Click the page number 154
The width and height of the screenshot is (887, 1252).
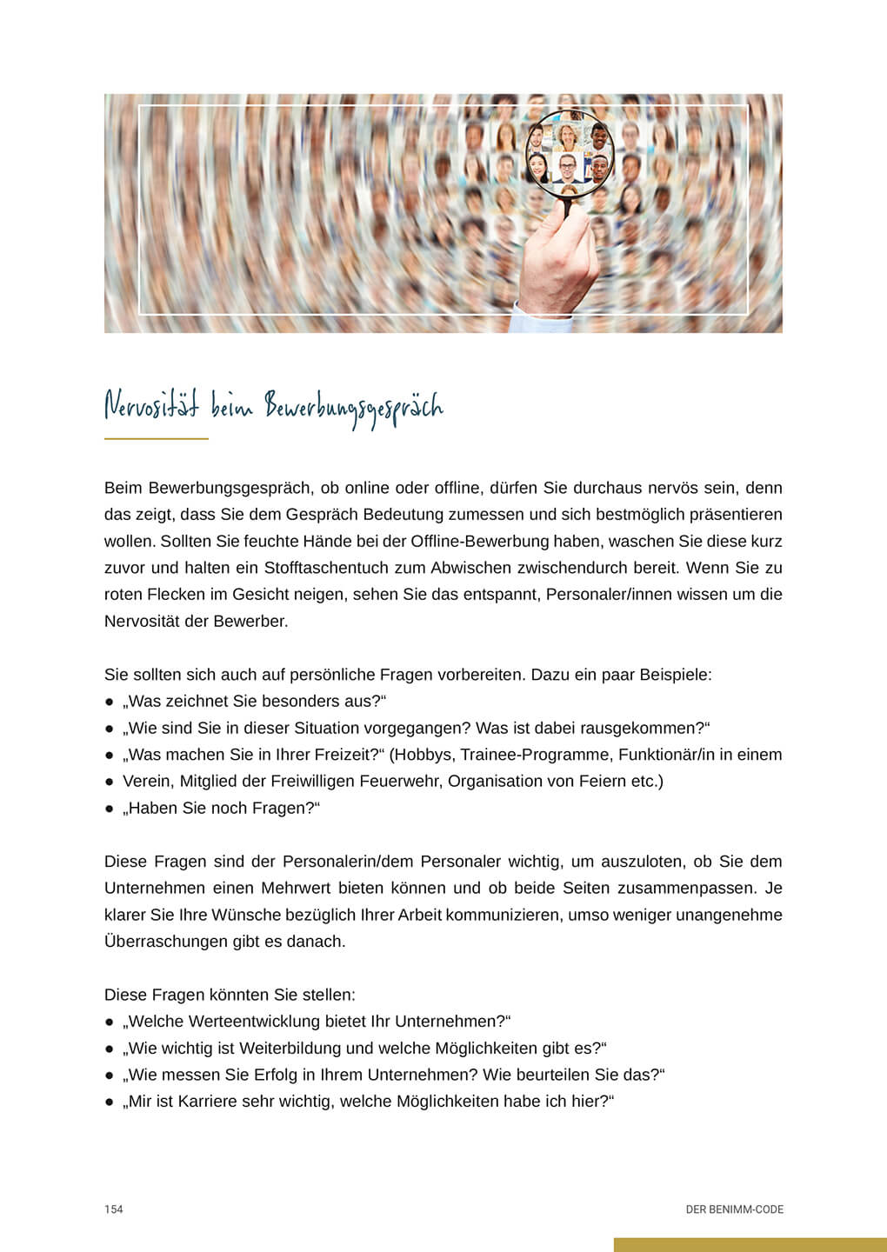click(x=114, y=1209)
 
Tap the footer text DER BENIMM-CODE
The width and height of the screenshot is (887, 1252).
click(x=734, y=1209)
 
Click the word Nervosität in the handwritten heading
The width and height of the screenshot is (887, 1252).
click(x=151, y=407)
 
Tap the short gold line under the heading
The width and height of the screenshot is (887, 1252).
click(x=157, y=439)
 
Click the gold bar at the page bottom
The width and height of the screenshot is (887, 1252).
click(x=750, y=1245)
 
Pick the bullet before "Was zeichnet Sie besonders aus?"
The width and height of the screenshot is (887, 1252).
click(x=110, y=702)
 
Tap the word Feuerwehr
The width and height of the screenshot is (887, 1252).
click(x=403, y=781)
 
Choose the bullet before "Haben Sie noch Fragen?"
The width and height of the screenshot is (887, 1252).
click(x=110, y=809)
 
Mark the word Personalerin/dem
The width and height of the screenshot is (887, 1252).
click(x=346, y=862)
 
